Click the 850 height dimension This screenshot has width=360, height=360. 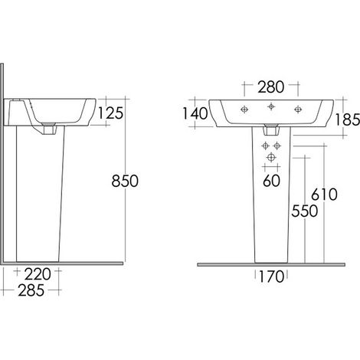point(125,181)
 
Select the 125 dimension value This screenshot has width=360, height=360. point(110,113)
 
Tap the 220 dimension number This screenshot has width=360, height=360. point(38,274)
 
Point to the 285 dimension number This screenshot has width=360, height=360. point(31,290)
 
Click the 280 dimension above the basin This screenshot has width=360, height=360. point(271,87)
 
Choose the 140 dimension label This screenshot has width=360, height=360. point(195,113)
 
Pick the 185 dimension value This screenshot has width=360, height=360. point(347,119)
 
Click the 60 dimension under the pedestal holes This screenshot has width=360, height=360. point(271,181)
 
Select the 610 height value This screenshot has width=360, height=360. point(324,195)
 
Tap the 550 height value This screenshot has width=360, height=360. point(305,211)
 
